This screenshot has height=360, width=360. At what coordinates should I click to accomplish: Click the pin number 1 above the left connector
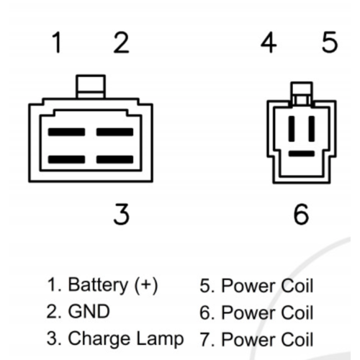point(57,42)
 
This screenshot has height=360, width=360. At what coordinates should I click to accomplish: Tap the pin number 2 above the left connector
point(121,42)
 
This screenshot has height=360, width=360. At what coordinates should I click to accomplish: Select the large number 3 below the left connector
point(121,214)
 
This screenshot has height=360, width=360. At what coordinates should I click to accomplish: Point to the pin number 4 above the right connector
point(269,42)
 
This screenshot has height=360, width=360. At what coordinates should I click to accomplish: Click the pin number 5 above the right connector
point(330,42)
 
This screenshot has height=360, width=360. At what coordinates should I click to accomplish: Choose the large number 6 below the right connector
point(301,214)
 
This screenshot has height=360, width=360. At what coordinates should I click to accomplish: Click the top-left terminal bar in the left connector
point(66,132)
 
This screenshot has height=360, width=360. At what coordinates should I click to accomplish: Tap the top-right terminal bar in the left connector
point(115,132)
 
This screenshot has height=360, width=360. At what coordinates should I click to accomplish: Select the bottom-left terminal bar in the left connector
point(66,160)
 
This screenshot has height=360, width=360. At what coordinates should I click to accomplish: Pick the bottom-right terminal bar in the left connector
point(115,160)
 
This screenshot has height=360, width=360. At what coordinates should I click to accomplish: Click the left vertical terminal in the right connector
point(292,129)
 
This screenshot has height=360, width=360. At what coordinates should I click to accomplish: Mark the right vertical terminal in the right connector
point(312,129)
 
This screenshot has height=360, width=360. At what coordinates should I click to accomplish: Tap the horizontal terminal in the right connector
point(302,153)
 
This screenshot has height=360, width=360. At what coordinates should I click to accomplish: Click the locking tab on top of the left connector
point(91,86)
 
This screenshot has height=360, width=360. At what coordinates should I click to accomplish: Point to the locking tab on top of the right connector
point(302,94)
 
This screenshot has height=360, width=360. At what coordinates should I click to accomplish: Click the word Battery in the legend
point(98,285)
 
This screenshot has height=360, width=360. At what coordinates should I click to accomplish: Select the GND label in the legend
point(89,312)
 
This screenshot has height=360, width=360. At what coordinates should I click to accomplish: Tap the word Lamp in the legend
point(160,339)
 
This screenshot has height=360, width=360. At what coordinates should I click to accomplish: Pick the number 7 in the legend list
point(205,339)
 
